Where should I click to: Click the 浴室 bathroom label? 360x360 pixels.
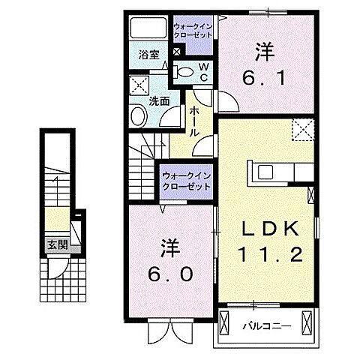coord(148,54)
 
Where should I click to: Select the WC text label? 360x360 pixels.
coord(202,71)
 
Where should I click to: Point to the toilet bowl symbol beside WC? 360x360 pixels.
coord(184,71)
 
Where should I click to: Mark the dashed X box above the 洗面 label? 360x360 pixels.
coord(138,85)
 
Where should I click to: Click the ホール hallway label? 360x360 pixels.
coord(193,120)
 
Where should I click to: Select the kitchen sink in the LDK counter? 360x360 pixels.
coord(267,172)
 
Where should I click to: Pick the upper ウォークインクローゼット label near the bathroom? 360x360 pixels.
coord(193,31)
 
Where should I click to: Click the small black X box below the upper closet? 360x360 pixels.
coord(177,52)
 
